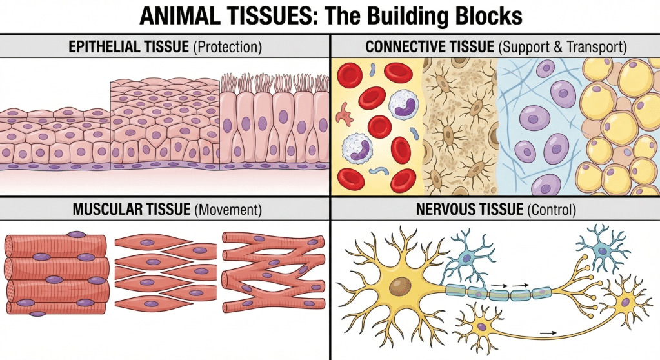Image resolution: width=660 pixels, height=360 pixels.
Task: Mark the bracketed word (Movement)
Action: point(223,210)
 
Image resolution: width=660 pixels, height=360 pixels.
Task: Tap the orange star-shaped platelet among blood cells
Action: point(343,114)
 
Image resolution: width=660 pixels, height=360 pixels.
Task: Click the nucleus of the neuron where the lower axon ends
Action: point(625,304)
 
